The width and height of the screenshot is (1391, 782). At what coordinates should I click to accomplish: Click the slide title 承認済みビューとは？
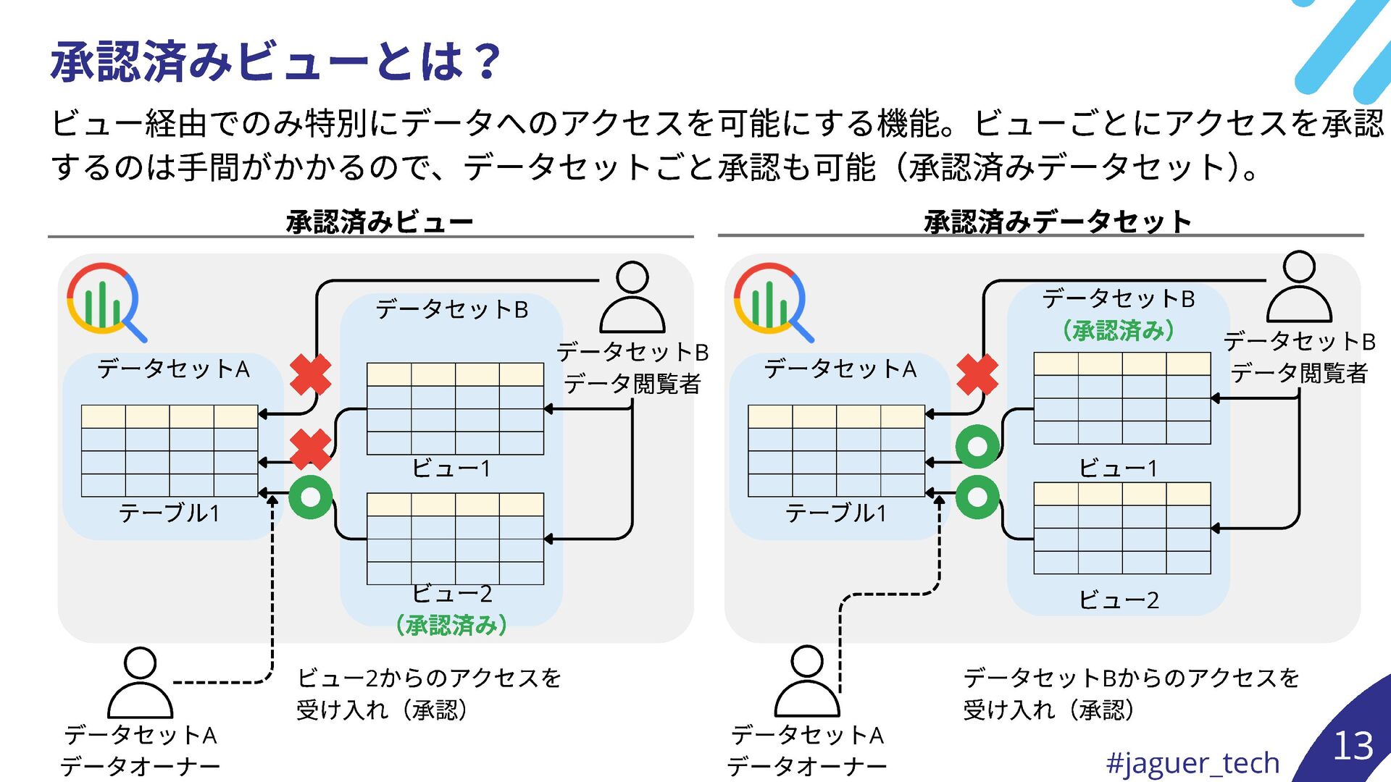[x=275, y=61]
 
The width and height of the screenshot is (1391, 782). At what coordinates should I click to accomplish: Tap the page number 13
[x=1353, y=746]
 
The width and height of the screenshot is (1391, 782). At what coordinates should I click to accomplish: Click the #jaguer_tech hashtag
[x=1192, y=762]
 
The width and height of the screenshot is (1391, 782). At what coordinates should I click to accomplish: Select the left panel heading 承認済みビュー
[x=379, y=222]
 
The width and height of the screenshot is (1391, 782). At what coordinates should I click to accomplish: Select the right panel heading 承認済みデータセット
[x=1057, y=222]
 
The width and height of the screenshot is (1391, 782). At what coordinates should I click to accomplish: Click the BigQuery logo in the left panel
[x=105, y=301]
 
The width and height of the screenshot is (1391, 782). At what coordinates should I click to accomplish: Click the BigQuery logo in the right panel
[x=772, y=301]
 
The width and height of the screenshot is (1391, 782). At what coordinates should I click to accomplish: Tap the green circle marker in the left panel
[x=310, y=497]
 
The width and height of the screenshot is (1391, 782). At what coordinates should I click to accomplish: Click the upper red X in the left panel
[x=310, y=374]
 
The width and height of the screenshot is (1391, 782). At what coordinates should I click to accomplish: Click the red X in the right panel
[x=977, y=374]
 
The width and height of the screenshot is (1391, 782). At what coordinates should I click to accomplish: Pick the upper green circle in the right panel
[x=977, y=446]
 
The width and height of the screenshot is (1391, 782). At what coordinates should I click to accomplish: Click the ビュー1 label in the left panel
[x=451, y=468]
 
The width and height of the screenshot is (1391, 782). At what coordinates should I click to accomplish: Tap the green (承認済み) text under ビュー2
[x=451, y=625]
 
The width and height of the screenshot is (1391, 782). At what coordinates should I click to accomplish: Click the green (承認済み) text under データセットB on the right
[x=1118, y=331]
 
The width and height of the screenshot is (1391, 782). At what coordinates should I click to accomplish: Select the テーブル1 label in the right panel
[x=836, y=513]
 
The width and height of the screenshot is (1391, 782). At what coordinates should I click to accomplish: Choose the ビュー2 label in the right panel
[x=1118, y=600]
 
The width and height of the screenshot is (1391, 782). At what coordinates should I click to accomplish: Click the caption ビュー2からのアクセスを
[x=429, y=678]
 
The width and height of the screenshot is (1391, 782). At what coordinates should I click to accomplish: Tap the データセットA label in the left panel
[x=173, y=369]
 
